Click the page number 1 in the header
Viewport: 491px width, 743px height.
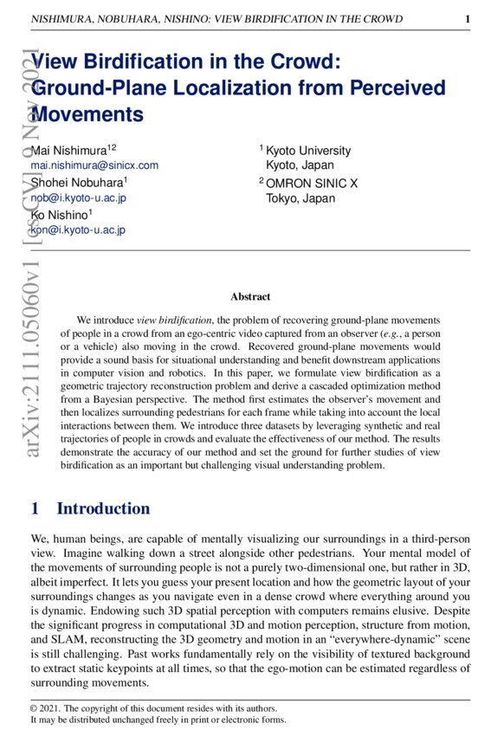467,17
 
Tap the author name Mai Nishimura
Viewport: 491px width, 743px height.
71,151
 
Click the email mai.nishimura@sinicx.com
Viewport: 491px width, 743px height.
94,165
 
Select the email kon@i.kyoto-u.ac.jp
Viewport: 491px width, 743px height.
78,229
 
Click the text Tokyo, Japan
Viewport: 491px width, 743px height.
300,197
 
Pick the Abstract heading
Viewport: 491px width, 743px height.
250,296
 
